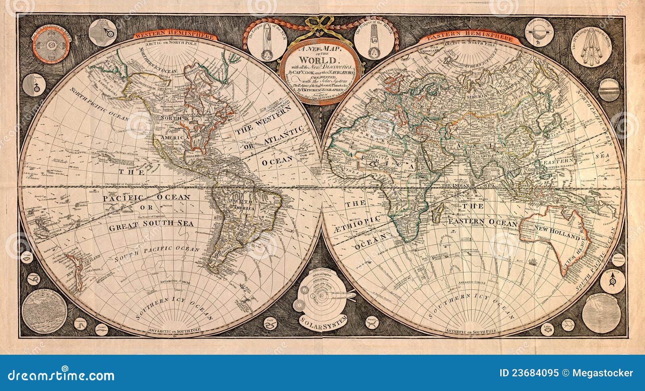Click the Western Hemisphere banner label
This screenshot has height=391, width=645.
[175, 35]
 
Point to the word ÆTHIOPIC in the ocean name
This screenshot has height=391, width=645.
[362, 222]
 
